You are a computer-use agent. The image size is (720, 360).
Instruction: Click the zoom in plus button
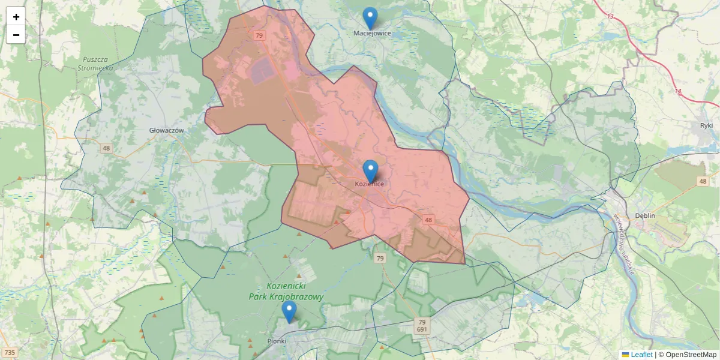(16, 17)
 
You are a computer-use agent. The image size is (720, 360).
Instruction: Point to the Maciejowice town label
(372, 34)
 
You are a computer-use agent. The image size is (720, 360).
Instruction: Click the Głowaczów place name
(166, 130)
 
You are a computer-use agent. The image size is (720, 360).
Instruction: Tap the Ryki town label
(706, 125)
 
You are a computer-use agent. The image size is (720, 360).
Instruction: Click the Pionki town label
(276, 341)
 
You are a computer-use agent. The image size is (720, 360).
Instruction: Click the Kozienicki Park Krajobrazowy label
(286, 292)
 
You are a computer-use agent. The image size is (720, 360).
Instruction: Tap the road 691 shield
(422, 329)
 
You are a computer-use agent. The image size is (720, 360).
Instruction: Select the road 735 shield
(9, 352)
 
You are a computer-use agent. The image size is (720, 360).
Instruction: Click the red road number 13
(610, 16)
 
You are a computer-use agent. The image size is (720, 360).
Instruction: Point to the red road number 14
(677, 91)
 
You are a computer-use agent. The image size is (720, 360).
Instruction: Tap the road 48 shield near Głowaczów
(106, 148)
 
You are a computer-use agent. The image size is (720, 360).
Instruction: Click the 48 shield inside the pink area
(428, 220)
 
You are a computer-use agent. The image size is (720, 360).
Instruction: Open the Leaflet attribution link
(641, 355)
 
